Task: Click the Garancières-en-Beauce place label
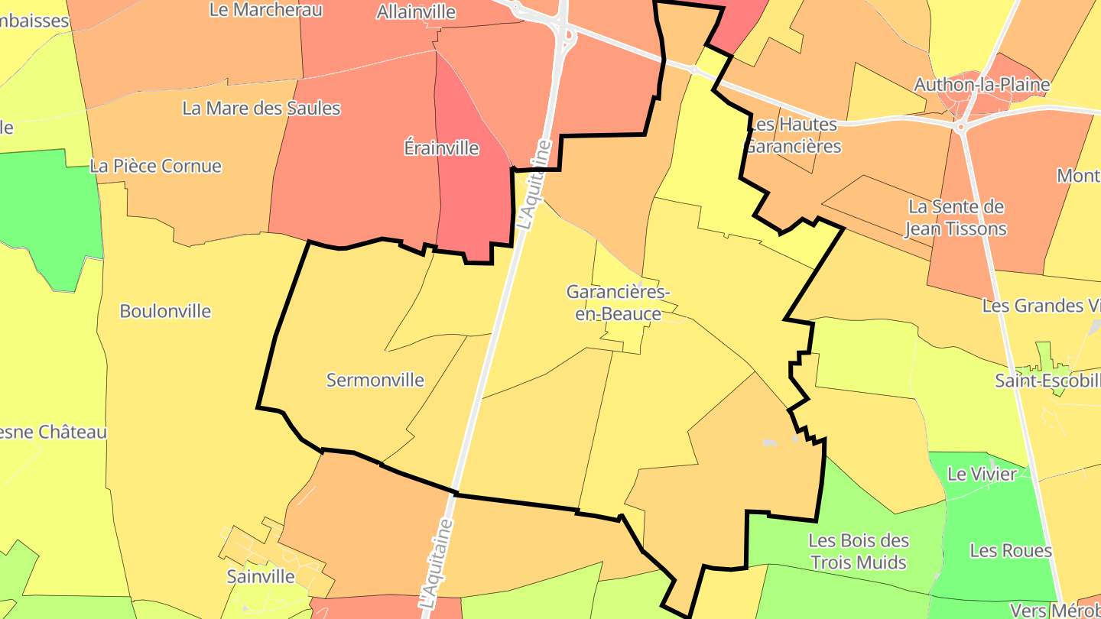[x=618, y=303]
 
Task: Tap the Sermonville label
[x=375, y=380]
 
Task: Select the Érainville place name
[x=441, y=147]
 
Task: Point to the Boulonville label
[x=165, y=311]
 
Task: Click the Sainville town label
[x=261, y=575]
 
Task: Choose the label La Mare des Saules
[x=261, y=108]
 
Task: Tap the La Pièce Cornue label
[x=156, y=166]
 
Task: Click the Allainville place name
[x=416, y=11]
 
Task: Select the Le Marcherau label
[x=265, y=10]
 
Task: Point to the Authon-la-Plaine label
[x=982, y=84]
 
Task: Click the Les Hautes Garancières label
[x=793, y=135]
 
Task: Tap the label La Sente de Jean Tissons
[x=956, y=218]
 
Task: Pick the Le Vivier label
[x=982, y=474]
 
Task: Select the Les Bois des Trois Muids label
[x=859, y=552]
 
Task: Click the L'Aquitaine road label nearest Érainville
[x=534, y=184]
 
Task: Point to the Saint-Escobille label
[x=1047, y=380]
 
